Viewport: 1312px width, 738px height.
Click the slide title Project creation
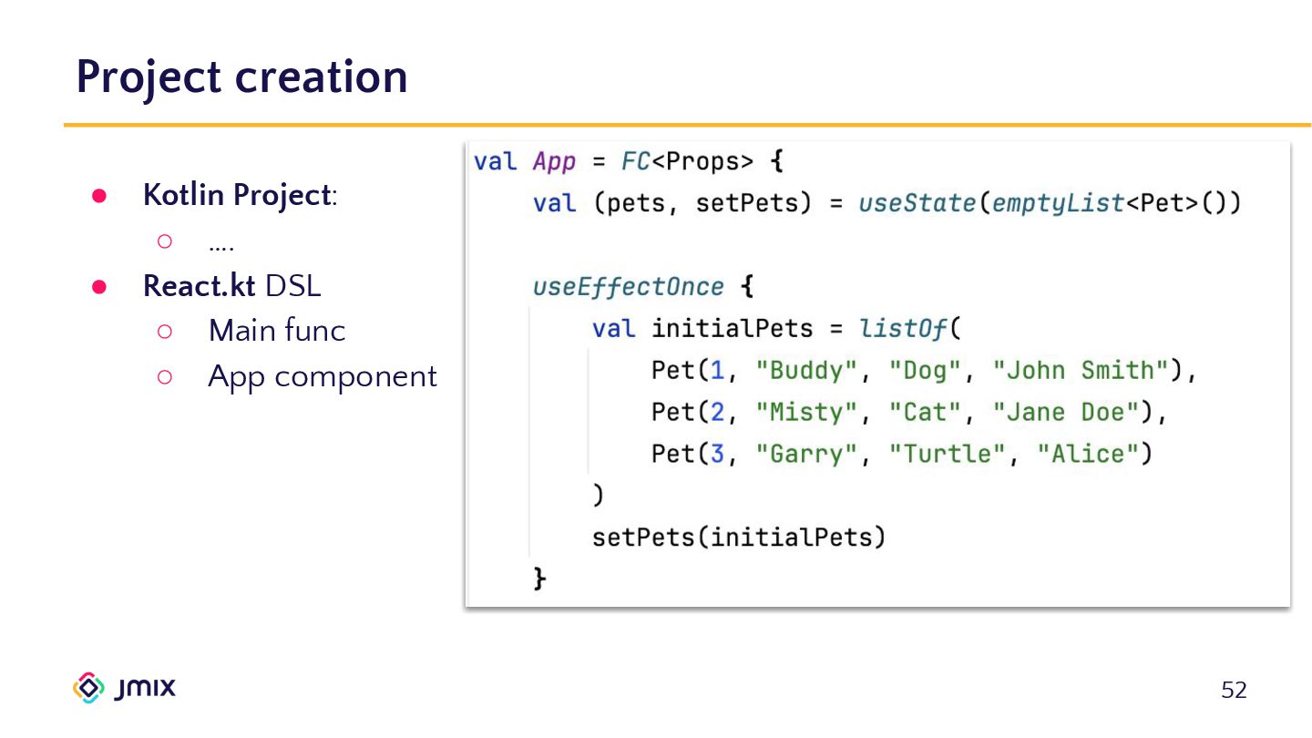click(241, 77)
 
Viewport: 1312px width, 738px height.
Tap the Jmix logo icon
click(88, 688)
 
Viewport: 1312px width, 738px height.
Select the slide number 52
click(1234, 691)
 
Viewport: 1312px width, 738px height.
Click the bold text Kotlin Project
click(236, 195)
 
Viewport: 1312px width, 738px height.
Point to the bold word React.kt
click(200, 286)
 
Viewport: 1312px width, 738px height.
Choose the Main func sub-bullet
click(277, 331)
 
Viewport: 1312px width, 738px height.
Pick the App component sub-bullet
click(323, 376)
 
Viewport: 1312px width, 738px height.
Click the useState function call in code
click(917, 203)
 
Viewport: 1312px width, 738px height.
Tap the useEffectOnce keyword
click(629, 287)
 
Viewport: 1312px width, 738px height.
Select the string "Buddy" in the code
click(808, 371)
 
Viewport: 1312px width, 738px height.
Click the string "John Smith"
click(1081, 371)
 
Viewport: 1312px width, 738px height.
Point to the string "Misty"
click(808, 413)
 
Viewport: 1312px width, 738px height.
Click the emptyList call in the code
click(1058, 203)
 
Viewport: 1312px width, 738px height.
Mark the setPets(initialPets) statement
click(739, 537)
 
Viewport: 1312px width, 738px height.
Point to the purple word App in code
click(554, 162)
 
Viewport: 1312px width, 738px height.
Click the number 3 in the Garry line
click(717, 454)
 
